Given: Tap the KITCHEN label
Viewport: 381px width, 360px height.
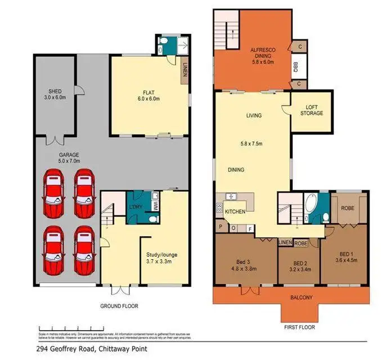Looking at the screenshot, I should [x=235, y=211].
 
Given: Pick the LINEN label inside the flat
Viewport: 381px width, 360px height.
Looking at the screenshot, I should [x=184, y=73].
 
